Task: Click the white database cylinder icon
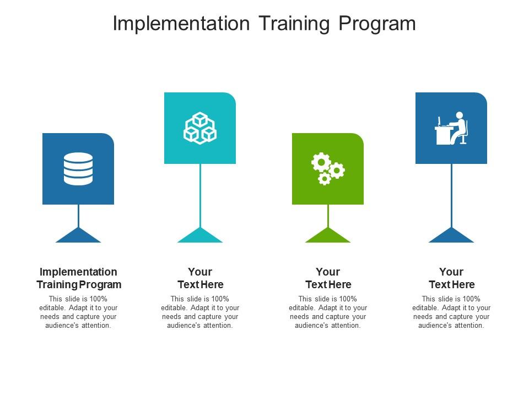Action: [x=78, y=169]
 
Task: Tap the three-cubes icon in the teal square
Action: [x=200, y=128]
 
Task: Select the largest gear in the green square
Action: [x=321, y=162]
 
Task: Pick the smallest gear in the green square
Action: [x=325, y=178]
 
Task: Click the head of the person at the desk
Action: [x=460, y=116]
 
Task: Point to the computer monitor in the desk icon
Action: [x=439, y=121]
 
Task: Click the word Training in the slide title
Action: [x=294, y=24]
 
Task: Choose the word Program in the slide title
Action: [x=377, y=24]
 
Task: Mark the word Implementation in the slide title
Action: [x=181, y=24]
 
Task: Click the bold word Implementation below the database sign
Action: [x=78, y=272]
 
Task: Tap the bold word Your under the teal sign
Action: [x=200, y=272]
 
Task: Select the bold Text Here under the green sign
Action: [x=328, y=284]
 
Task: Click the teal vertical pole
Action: [x=201, y=196]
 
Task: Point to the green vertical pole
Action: [x=328, y=216]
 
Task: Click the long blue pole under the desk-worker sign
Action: [x=452, y=196]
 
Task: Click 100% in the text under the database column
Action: [x=98, y=299]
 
